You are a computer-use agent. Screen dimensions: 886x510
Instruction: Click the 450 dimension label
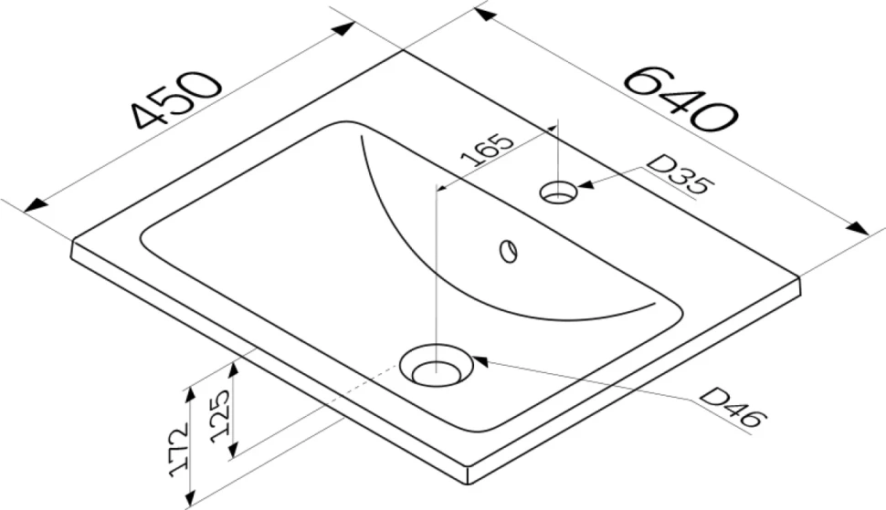click(176, 99)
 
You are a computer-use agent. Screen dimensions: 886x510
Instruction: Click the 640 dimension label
click(680, 99)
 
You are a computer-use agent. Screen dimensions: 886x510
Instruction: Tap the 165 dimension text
click(487, 150)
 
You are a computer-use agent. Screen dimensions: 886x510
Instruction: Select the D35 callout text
click(680, 175)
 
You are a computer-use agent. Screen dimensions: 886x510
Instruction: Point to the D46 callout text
click(733, 407)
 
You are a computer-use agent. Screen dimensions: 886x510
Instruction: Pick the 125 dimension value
click(220, 416)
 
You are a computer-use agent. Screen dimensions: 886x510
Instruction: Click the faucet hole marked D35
click(558, 192)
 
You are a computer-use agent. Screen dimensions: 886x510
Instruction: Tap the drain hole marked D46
click(436, 366)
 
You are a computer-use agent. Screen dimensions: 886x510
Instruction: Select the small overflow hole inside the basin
click(509, 251)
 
